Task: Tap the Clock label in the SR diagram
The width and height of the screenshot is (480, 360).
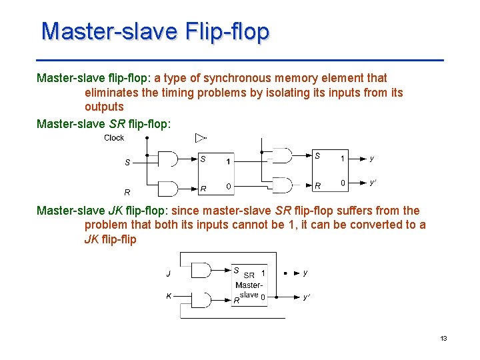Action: tap(114, 138)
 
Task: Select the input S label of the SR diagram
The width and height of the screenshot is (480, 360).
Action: tap(127, 162)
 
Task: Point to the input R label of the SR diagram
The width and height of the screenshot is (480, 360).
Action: tap(127, 191)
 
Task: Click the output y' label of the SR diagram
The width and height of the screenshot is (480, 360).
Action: tap(375, 182)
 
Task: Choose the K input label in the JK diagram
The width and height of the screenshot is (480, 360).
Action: tap(169, 297)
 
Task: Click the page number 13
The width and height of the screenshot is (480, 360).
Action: tap(443, 339)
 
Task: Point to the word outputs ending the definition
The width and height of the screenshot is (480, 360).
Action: tap(104, 107)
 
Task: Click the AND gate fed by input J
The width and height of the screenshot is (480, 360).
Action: tap(201, 270)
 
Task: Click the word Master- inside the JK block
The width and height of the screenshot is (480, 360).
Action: tap(249, 285)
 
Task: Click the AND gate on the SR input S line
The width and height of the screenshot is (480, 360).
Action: tap(168, 159)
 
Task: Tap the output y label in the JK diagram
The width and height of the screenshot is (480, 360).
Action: tap(305, 273)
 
